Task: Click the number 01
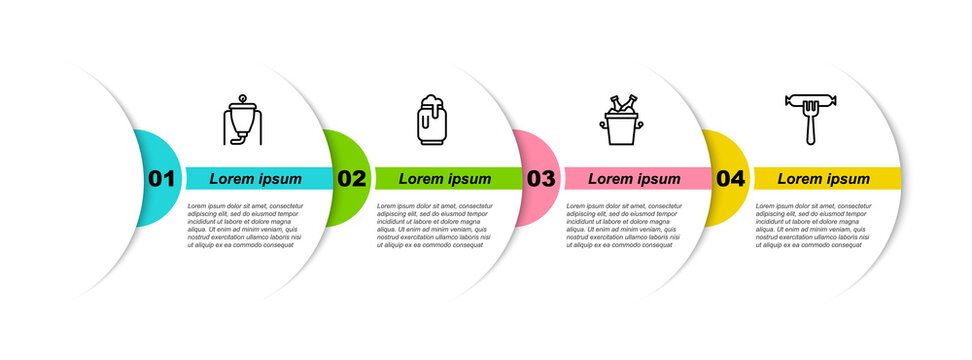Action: (x=162, y=179)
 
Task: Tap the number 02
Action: (x=351, y=179)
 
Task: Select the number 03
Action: (x=541, y=179)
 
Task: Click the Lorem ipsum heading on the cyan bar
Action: (x=256, y=179)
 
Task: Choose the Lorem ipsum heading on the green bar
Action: (x=445, y=179)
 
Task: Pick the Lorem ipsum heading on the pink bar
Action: (x=634, y=179)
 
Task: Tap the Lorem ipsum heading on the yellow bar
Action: (x=824, y=179)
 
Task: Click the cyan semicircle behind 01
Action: (x=150, y=150)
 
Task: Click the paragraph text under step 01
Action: (x=244, y=225)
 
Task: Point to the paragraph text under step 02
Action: (x=434, y=225)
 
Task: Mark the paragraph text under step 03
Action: (x=623, y=225)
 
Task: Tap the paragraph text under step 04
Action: (x=813, y=225)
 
